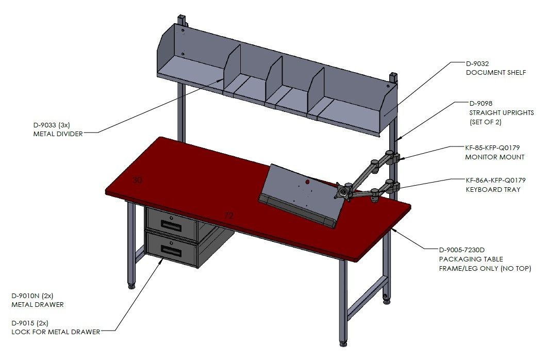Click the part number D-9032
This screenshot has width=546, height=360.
click(x=477, y=64)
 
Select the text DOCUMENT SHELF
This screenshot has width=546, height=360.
click(x=496, y=73)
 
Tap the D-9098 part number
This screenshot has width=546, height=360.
click(x=481, y=104)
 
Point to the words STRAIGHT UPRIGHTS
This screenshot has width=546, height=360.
click(x=502, y=112)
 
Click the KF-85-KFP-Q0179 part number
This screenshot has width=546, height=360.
click(x=492, y=148)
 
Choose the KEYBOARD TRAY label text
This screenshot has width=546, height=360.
click(x=493, y=190)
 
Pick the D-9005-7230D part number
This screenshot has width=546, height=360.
click(x=462, y=250)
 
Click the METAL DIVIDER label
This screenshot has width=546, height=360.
click(x=58, y=134)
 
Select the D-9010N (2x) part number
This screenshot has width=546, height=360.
click(x=32, y=296)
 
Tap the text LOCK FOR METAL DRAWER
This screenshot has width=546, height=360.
click(x=56, y=332)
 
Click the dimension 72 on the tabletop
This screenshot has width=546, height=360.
click(x=228, y=216)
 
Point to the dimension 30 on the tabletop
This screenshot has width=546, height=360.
click(x=137, y=180)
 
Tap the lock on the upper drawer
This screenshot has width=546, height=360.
click(x=171, y=218)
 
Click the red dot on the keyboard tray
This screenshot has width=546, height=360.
click(x=307, y=182)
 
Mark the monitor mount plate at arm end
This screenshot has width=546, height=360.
click(x=343, y=192)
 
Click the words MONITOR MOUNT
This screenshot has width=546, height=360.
click(x=495, y=157)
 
